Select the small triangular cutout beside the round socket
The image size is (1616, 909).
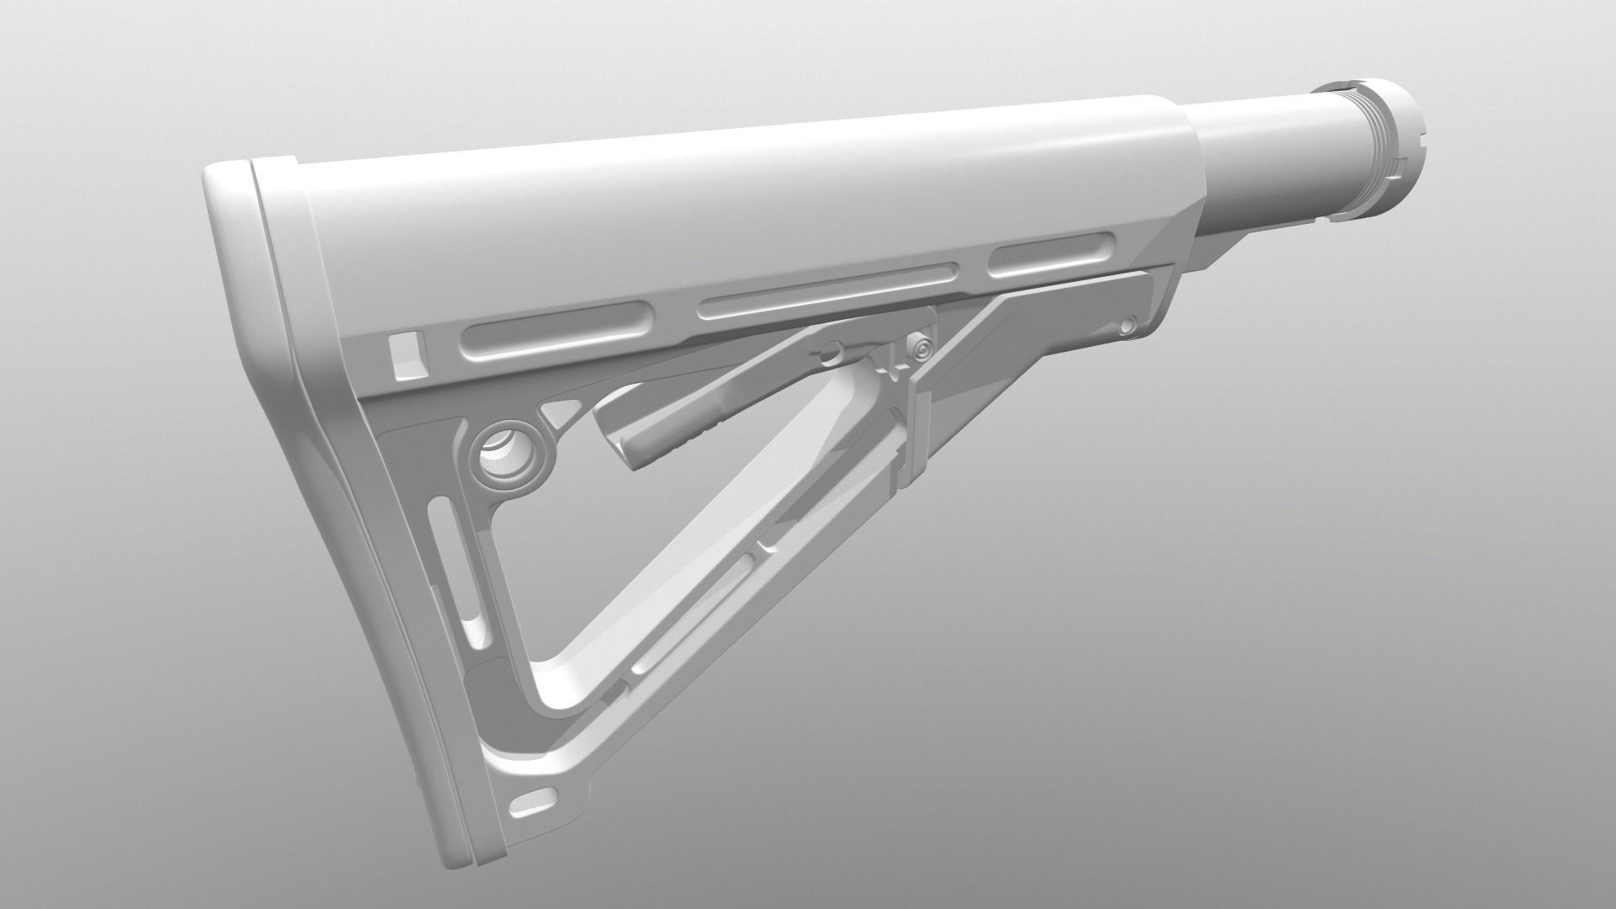click(x=560, y=412)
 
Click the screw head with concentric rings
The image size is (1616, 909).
click(x=922, y=347)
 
